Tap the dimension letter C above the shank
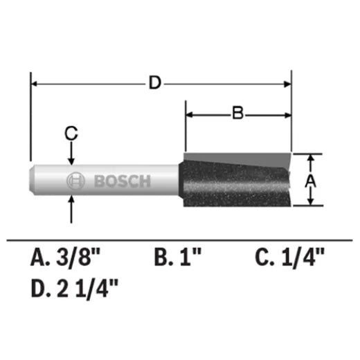pos(70,132)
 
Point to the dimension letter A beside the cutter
pos(311,180)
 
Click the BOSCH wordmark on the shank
pos(121,182)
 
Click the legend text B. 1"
pos(177,259)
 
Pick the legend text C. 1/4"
pos(289,259)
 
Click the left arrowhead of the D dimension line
pos(35,84)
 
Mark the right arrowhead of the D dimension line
pos(287,84)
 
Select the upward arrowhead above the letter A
pos(311,158)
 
